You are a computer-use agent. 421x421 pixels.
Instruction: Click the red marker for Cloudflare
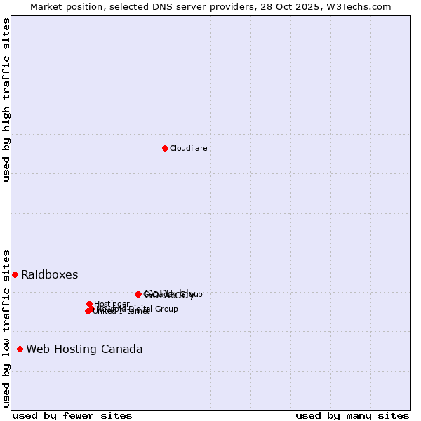point(165,148)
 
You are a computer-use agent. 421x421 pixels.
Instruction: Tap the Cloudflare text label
point(188,148)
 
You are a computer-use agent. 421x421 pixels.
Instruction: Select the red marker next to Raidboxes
point(15,274)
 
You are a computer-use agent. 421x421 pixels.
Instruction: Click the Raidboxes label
point(49,274)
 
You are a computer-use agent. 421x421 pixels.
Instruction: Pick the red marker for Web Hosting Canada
point(20,349)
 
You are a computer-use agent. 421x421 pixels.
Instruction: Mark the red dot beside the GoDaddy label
point(138,294)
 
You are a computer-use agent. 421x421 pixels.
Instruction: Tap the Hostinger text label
point(112,304)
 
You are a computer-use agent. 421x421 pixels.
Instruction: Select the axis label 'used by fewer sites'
point(72,415)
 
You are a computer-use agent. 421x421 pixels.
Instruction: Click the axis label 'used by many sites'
point(352,415)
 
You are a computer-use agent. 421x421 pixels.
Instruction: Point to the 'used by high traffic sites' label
point(6,100)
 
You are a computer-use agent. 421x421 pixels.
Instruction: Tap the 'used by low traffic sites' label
point(6,328)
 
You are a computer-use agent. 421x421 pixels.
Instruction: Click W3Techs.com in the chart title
point(363,6)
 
